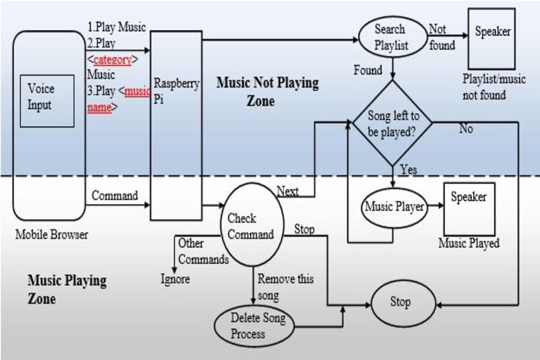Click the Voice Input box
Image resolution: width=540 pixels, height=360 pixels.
47,100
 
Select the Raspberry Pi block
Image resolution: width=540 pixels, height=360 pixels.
176,126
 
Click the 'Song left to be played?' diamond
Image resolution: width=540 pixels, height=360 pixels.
392,124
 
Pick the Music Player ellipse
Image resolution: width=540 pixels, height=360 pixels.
394,208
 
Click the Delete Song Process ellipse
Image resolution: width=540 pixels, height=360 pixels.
254,325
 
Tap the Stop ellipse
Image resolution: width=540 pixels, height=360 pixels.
400,302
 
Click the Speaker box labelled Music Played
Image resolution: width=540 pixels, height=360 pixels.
469,208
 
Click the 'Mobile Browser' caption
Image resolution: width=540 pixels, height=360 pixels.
52,235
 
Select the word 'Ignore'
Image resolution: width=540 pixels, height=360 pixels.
175,278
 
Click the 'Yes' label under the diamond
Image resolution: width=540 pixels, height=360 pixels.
409,170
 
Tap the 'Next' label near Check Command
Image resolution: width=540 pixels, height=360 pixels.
288,191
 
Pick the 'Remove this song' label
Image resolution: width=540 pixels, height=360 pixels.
285,287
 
